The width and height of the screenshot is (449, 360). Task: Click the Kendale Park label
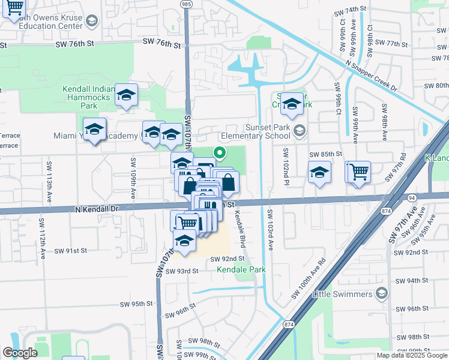pos(241,270)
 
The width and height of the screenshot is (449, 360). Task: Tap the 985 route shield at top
pos(185,4)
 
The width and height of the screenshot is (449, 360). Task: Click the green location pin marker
pos(220,153)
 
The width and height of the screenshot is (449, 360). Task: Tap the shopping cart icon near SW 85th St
pos(359,172)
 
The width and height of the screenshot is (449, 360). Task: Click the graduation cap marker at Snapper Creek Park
pos(292,104)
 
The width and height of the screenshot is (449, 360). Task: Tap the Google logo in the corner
pos(20,353)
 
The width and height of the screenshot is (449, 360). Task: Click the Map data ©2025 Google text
pos(411,355)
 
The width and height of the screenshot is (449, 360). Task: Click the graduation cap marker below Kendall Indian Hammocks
pos(126,95)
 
